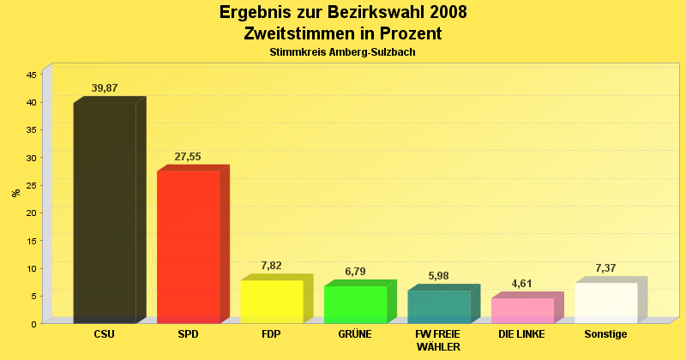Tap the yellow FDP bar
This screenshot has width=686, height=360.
tap(272, 302)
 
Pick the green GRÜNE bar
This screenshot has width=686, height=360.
tap(355, 304)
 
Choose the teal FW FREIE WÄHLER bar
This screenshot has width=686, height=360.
tap(439, 307)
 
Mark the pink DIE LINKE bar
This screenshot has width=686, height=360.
tap(522, 310)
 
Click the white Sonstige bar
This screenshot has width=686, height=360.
tap(606, 303)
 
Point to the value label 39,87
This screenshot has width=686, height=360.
tap(105, 88)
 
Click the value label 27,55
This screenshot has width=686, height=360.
tap(188, 157)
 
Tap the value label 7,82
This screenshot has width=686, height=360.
tap(272, 267)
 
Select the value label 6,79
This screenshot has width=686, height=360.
tap(355, 272)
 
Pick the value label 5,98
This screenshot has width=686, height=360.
tap(439, 276)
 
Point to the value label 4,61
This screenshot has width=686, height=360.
tap(522, 284)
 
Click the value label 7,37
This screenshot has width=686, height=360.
tap(606, 268)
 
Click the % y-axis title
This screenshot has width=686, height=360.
tap(15, 193)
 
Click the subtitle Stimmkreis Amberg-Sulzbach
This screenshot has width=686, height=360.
tap(343, 52)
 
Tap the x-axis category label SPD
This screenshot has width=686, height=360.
tap(188, 334)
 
